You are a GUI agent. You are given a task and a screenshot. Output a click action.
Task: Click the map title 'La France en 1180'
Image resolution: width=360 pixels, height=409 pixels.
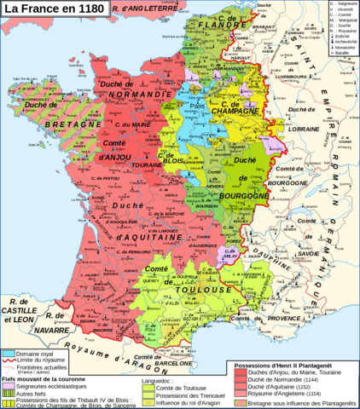57,9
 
